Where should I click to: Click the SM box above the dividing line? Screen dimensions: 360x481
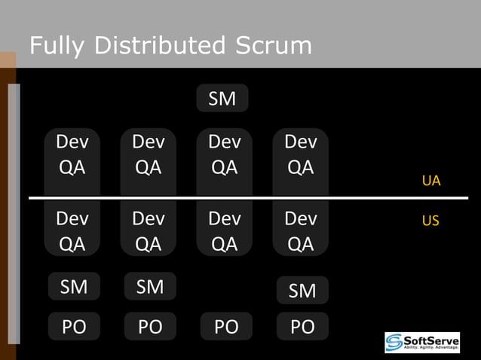222,98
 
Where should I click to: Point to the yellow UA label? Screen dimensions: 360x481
431,181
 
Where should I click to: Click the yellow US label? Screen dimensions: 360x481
430,221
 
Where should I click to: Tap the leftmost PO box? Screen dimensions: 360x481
74,327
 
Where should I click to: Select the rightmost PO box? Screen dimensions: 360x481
302,327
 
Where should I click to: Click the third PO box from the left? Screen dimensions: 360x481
226,327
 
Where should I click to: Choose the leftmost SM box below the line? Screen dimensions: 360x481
74,286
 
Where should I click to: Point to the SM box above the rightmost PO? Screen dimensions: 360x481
302,290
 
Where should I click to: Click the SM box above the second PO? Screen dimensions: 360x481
150,286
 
